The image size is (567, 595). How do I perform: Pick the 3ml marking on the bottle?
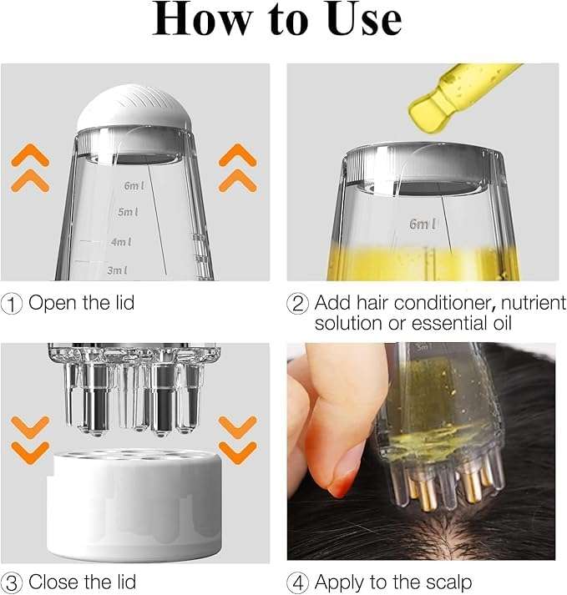tap(116, 270)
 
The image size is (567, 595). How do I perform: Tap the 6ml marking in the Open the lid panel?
tap(134, 186)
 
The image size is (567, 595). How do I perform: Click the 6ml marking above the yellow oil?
tap(423, 224)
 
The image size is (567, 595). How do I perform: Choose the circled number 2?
tap(297, 303)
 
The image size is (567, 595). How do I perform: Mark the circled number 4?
tap(297, 582)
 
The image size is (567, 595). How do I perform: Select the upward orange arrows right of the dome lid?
tap(238, 167)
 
